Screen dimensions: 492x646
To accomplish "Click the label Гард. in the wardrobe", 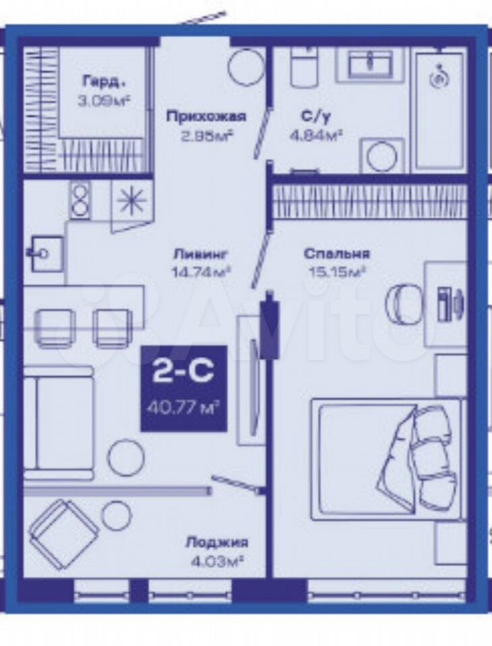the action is click(x=102, y=81).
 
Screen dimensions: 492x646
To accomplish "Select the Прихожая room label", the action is click(x=206, y=117).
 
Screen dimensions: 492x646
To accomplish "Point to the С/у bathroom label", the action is click(x=315, y=117).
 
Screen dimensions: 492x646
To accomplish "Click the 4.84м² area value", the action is click(x=316, y=135).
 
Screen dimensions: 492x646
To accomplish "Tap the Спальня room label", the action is click(x=337, y=254).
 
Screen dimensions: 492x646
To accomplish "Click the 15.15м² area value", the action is click(x=337, y=272).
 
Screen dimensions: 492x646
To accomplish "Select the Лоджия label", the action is click(x=217, y=542).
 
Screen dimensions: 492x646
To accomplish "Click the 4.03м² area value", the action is click(x=216, y=562).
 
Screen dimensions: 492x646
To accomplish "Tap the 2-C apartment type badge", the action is click(x=184, y=388).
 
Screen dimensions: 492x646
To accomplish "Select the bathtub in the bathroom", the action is click(x=441, y=111).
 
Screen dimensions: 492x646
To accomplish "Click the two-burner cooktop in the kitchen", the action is click(x=80, y=199).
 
